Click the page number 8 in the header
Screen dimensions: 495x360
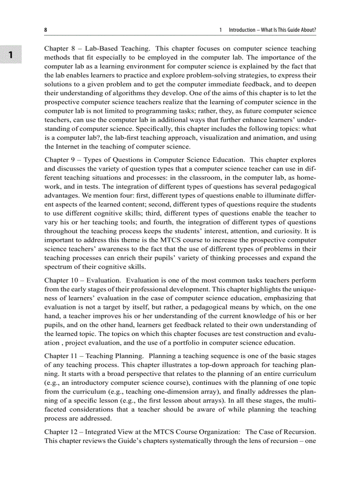point(45,30)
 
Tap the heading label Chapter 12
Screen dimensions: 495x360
point(61,431)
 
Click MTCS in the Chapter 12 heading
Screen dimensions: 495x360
point(158,431)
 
